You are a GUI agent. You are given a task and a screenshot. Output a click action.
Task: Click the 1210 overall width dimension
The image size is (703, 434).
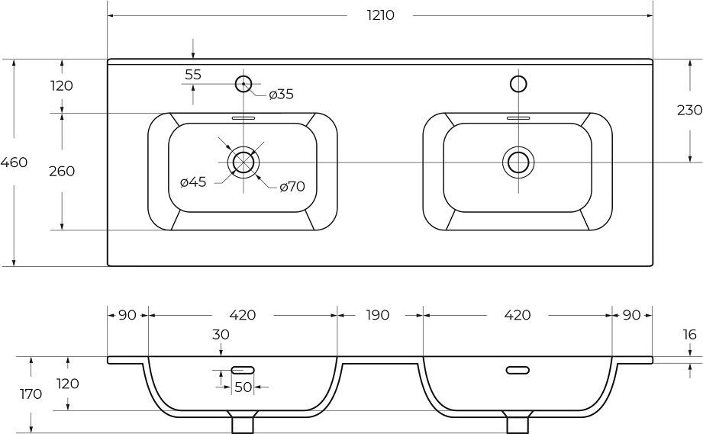(381, 15)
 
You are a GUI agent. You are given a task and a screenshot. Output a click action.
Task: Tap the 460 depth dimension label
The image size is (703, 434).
(14, 162)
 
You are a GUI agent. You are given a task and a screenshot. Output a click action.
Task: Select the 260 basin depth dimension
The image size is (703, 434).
(62, 171)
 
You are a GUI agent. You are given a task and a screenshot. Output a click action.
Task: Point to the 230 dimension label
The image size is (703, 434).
(689, 110)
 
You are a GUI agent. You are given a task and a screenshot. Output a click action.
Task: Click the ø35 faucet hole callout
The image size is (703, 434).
(281, 95)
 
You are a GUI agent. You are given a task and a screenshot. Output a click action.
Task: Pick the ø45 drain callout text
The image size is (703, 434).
(193, 182)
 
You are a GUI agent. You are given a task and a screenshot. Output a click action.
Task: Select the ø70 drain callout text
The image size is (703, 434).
(292, 186)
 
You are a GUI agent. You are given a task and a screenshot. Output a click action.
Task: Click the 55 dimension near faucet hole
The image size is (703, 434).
(193, 74)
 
